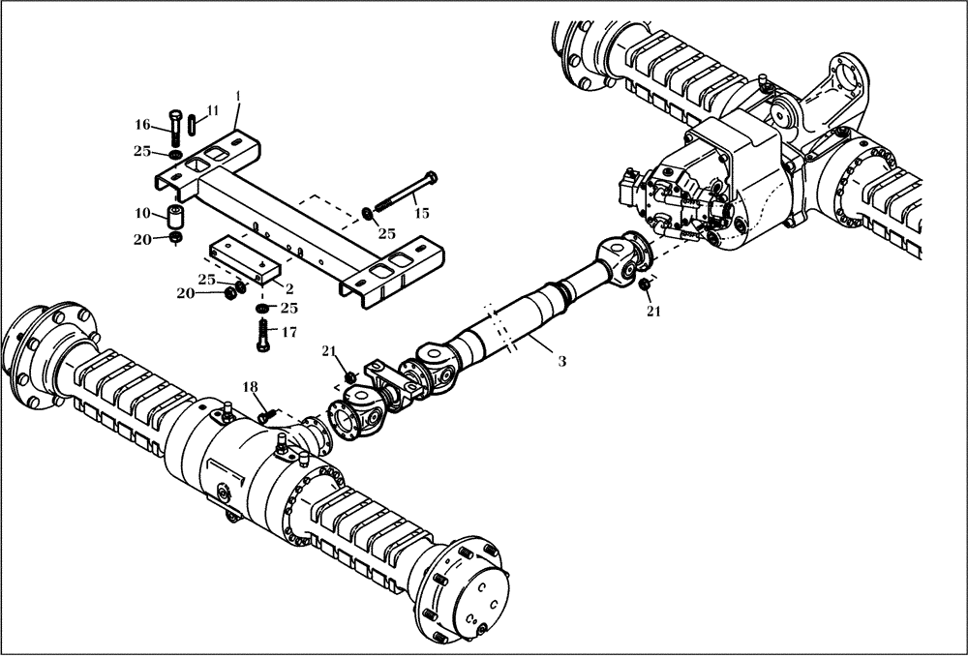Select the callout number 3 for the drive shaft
[561, 360]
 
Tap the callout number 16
[142, 124]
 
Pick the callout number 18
[252, 387]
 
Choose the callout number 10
[141, 212]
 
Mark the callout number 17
[288, 332]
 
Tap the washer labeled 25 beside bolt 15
[367, 214]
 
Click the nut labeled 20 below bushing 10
[175, 238]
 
